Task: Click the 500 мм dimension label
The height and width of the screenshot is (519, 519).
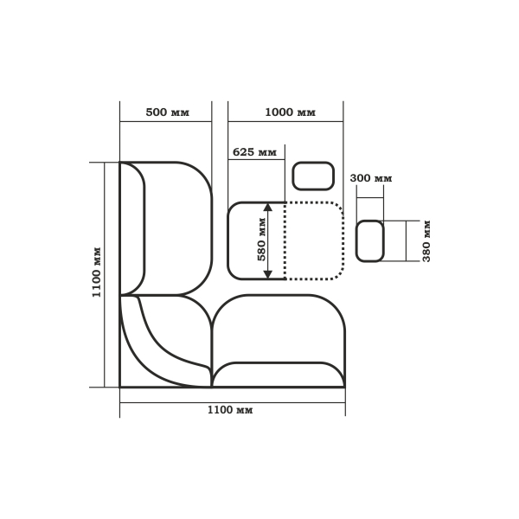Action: pyautogui.click(x=168, y=112)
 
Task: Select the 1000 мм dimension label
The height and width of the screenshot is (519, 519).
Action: pyautogui.click(x=291, y=112)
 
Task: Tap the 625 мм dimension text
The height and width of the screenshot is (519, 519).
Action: pyautogui.click(x=254, y=152)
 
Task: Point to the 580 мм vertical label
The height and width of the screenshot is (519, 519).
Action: pyautogui.click(x=261, y=239)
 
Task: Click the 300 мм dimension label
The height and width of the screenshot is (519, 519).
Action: pyautogui.click(x=371, y=178)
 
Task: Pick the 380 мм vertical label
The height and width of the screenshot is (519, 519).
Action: pyautogui.click(x=426, y=240)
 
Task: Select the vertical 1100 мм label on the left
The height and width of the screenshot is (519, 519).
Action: pyautogui.click(x=96, y=272)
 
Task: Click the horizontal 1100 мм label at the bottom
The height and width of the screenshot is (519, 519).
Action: pyautogui.click(x=230, y=410)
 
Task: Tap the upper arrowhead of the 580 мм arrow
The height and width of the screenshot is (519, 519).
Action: pyautogui.click(x=268, y=208)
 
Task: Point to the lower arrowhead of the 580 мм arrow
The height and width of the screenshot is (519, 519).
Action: pyautogui.click(x=268, y=274)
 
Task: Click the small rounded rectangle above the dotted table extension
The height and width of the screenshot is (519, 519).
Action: pyautogui.click(x=313, y=176)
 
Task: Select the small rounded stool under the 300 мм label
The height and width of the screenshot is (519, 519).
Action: pyautogui.click(x=370, y=241)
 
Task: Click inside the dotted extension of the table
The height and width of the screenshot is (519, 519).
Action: pyautogui.click(x=314, y=241)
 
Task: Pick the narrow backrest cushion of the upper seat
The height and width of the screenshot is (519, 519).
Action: pyautogui.click(x=132, y=228)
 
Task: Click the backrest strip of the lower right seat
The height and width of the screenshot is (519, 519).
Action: pyautogui.click(x=278, y=375)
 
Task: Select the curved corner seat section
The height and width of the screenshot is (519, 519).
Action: pyautogui.click(x=165, y=341)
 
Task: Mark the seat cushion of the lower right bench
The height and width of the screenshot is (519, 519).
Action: pyautogui.click(x=278, y=329)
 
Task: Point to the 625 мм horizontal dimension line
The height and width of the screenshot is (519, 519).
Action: pyautogui.click(x=257, y=159)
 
